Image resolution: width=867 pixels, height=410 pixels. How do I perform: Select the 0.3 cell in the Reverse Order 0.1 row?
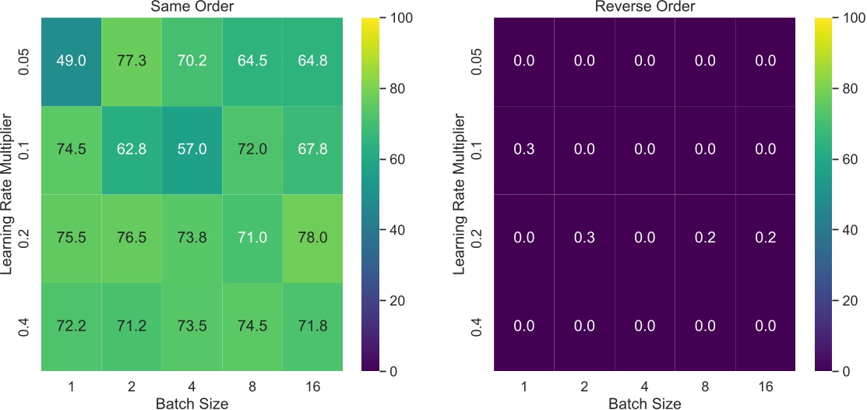tap(523, 149)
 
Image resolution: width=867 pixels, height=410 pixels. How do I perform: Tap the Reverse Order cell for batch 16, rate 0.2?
tap(765, 238)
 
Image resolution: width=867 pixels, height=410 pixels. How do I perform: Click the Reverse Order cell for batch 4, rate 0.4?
tap(644, 327)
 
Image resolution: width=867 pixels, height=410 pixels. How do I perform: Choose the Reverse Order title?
tap(644, 7)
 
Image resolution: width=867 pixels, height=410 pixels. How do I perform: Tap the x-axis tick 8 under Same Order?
tap(251, 386)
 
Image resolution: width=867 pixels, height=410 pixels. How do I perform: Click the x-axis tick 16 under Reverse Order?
tap(765, 386)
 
